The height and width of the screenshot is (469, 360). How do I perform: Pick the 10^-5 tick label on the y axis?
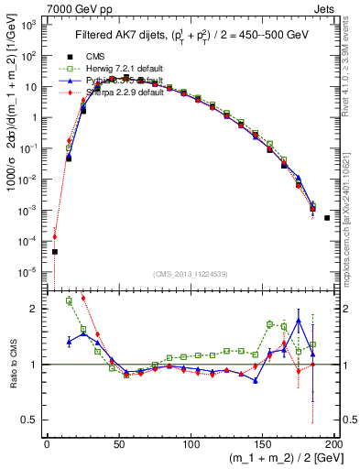(29, 271)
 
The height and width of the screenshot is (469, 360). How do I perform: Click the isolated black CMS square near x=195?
(327, 218)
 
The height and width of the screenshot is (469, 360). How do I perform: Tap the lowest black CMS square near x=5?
(54, 251)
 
